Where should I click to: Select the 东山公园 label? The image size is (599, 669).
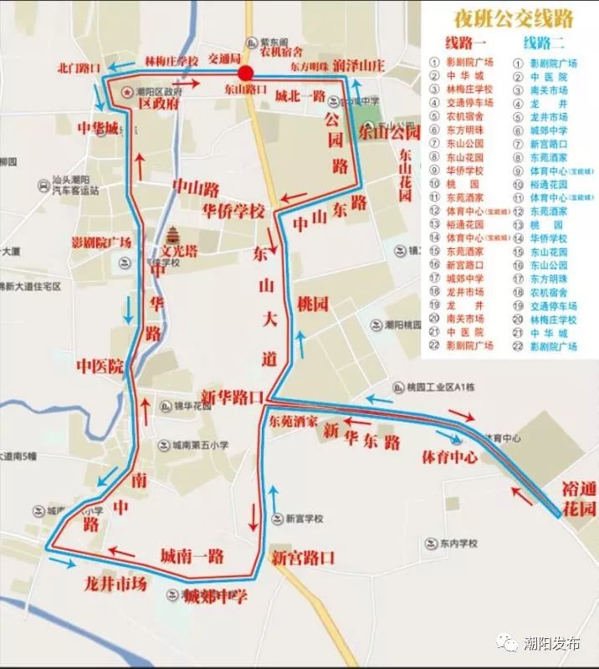[x=387, y=131]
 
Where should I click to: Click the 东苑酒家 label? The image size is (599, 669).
[x=294, y=422]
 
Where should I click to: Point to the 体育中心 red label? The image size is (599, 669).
[x=449, y=457]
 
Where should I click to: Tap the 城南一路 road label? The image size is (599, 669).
[x=192, y=554]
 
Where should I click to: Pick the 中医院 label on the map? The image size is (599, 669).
[x=100, y=366]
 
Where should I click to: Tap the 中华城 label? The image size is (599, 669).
[x=99, y=129]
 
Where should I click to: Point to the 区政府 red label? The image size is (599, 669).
[x=159, y=105]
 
